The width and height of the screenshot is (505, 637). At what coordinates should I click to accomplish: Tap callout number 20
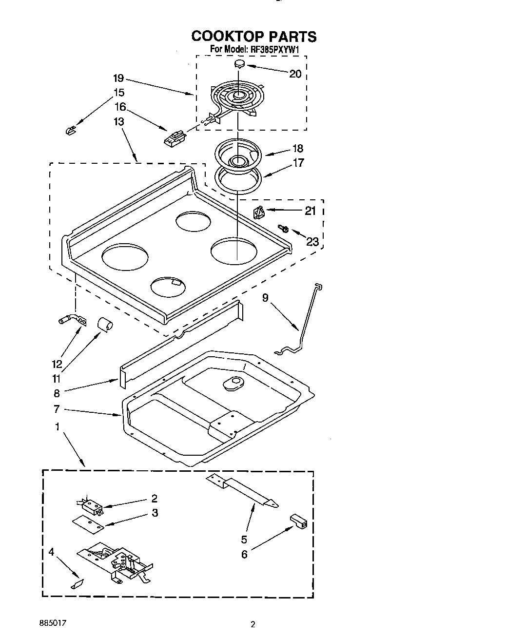(x=295, y=74)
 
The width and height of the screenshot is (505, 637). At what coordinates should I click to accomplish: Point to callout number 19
(x=118, y=78)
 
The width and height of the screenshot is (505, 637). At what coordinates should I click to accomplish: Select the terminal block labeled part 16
(x=174, y=137)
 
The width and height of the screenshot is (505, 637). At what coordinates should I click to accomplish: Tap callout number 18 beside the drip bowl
(x=297, y=148)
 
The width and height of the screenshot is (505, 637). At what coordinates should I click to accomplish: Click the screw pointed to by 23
(x=282, y=228)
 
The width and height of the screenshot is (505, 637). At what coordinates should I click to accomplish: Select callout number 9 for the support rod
(x=265, y=297)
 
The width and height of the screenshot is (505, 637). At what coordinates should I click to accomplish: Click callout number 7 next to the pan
(x=57, y=409)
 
